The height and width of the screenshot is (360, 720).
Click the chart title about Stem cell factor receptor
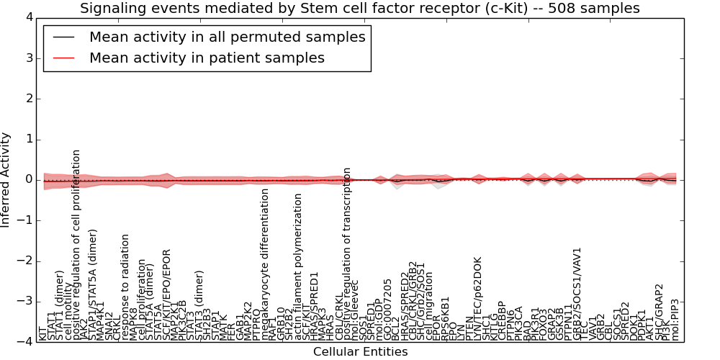click(x=359, y=9)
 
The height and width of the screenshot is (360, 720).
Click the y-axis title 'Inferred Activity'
click(x=6, y=179)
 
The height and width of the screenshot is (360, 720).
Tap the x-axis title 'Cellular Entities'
click(x=360, y=352)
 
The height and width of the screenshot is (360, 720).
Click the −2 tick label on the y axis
click(x=24, y=261)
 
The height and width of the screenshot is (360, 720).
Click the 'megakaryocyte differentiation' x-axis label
click(x=265, y=264)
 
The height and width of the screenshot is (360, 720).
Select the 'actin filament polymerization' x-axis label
click(x=298, y=266)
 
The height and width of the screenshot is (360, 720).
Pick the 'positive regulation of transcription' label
click(x=347, y=253)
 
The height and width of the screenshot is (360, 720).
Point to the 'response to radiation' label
click(x=125, y=286)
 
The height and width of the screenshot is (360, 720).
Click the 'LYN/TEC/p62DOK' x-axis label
click(x=478, y=298)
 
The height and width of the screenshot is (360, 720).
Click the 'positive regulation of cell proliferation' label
click(x=76, y=245)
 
